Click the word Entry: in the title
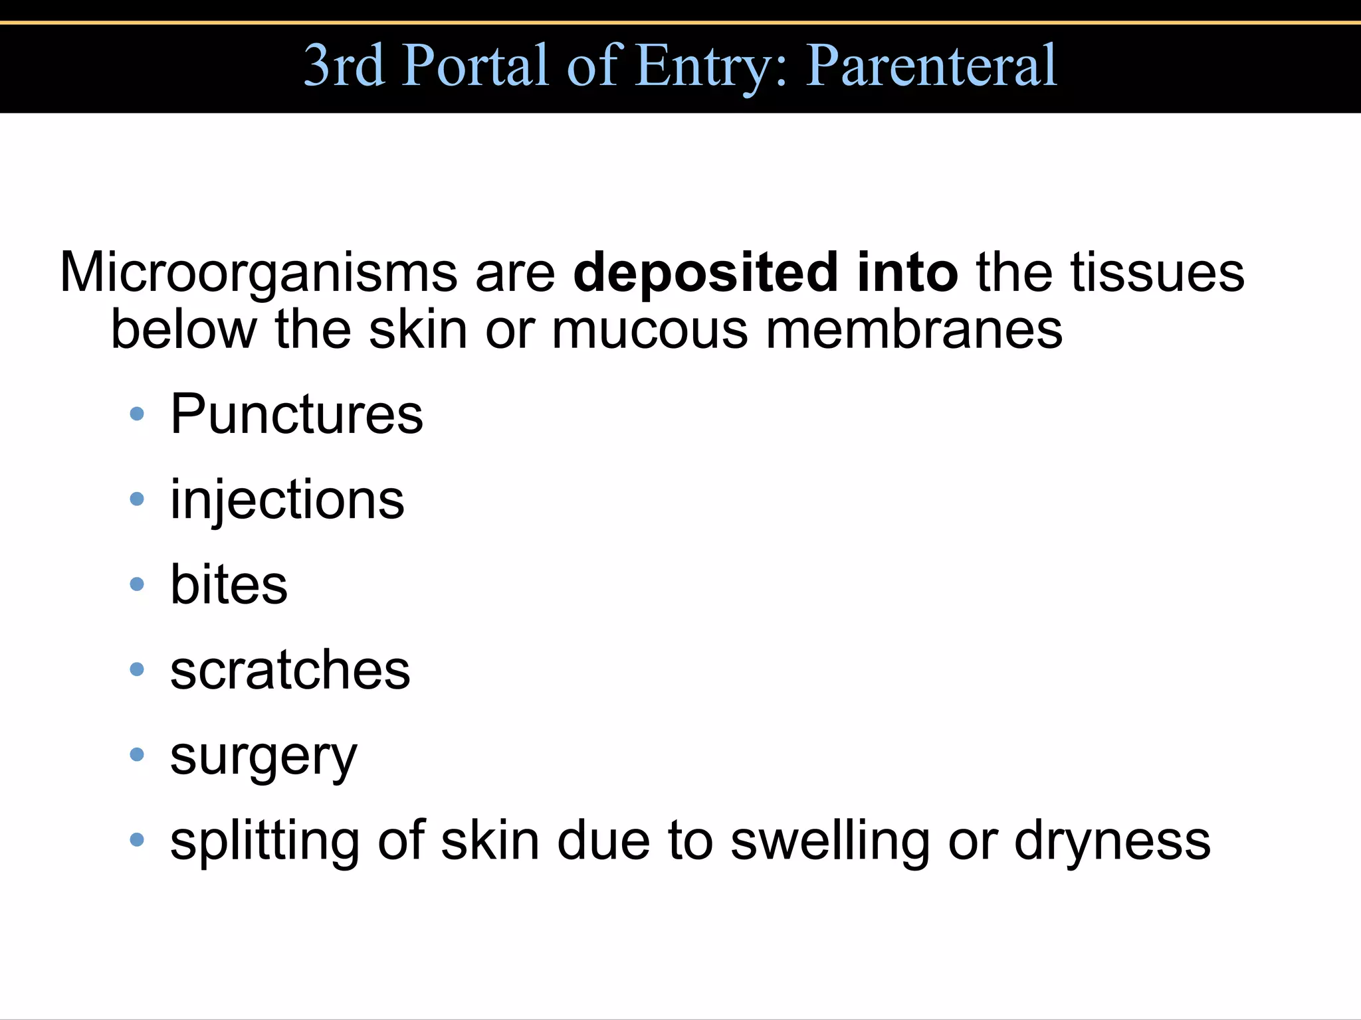point(711,66)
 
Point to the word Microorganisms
point(258,272)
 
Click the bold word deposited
point(705,272)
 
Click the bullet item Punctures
point(296,414)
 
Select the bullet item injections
point(287,500)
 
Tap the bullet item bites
point(229,584)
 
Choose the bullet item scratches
point(290,669)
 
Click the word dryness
point(1112,841)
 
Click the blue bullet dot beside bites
point(137,584)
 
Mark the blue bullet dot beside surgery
point(137,754)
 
